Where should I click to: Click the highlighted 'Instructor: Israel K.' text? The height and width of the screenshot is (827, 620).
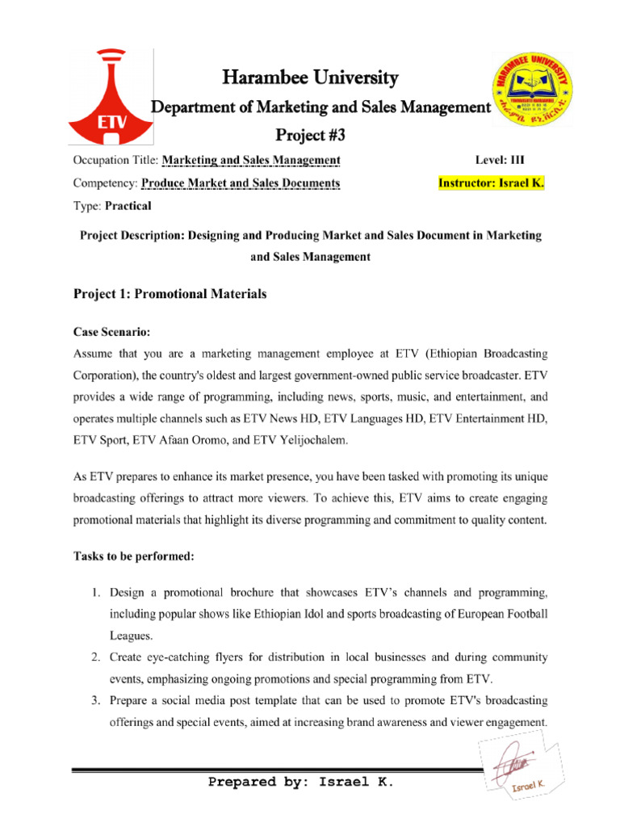(x=491, y=183)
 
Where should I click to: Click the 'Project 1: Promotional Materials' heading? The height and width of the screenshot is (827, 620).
(x=170, y=295)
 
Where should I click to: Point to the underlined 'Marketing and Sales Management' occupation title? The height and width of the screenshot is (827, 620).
(x=251, y=159)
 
